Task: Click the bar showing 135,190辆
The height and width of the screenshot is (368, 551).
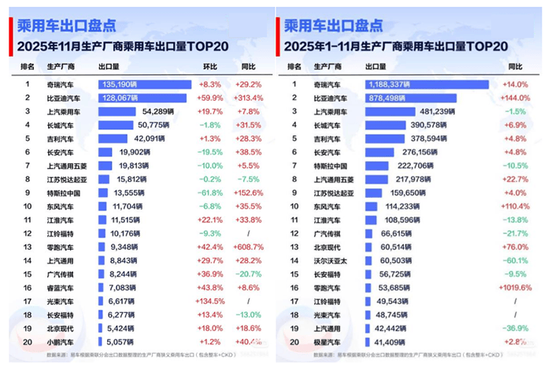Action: pos(144,83)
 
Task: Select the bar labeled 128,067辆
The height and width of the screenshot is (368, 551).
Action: pos(142,98)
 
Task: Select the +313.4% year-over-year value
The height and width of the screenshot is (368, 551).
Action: pos(248,98)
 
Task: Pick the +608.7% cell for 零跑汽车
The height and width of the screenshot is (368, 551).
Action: pos(248,247)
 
